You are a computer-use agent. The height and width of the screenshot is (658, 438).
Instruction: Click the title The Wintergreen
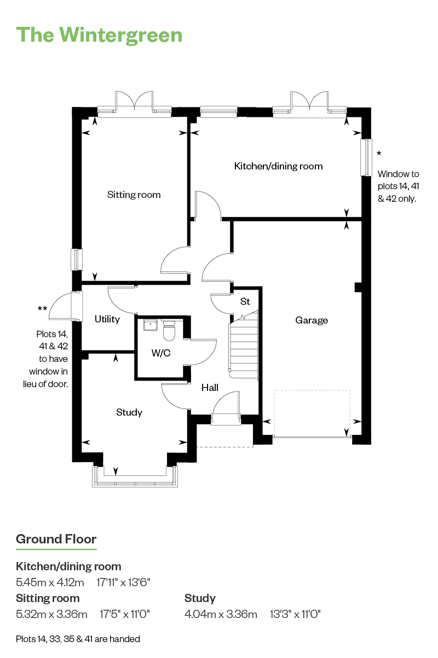pyautogui.click(x=99, y=35)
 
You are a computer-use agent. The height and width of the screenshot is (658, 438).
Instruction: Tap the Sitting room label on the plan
pyautogui.click(x=134, y=195)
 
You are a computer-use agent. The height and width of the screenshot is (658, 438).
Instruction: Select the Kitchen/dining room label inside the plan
pyautogui.click(x=279, y=166)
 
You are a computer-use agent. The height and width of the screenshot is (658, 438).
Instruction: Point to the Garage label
pyautogui.click(x=312, y=320)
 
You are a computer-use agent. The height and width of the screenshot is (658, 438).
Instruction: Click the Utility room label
pyautogui.click(x=107, y=319)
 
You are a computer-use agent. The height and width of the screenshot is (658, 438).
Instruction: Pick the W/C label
pyautogui.click(x=161, y=353)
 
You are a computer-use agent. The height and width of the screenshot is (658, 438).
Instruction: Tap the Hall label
pyautogui.click(x=210, y=388)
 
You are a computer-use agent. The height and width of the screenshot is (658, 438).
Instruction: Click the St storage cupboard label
pyautogui.click(x=245, y=302)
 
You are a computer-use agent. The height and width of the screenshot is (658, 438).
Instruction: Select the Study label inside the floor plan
pyautogui.click(x=129, y=412)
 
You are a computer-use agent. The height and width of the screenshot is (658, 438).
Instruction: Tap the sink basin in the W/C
pyautogui.click(x=151, y=326)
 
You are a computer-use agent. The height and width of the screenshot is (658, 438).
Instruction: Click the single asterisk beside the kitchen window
pyautogui.click(x=379, y=154)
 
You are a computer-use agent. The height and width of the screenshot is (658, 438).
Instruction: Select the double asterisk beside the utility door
pyautogui.click(x=42, y=308)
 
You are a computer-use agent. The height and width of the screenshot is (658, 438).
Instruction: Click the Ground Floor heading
pyautogui.click(x=56, y=540)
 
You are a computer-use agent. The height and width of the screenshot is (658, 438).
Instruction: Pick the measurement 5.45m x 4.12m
pyautogui.click(x=50, y=582)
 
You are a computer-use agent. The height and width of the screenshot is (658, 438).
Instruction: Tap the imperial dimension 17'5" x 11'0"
pyautogui.click(x=125, y=614)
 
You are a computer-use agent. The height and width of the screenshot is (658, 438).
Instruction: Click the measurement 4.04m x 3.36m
pyautogui.click(x=221, y=614)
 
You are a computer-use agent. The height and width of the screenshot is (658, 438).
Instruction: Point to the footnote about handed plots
pyautogui.click(x=78, y=639)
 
